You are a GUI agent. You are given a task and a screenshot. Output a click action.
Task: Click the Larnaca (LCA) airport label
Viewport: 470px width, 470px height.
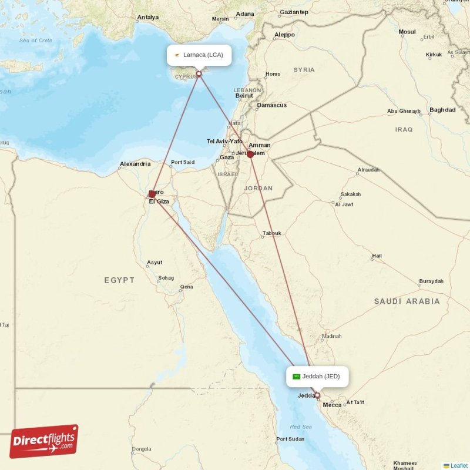pyautogui.click(x=199, y=55)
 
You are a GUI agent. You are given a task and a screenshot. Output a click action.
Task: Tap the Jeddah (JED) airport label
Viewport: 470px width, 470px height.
pyautogui.click(x=317, y=376)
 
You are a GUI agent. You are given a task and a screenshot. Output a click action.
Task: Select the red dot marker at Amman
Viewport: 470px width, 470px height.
pyautogui.click(x=250, y=155)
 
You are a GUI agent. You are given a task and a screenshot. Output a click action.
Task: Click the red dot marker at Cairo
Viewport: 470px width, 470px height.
pyautogui.click(x=152, y=194)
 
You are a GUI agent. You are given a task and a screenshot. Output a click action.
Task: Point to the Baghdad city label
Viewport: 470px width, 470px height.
pyautogui.click(x=442, y=110)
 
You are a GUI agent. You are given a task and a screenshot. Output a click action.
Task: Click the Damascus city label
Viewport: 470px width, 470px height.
pyautogui.click(x=271, y=105)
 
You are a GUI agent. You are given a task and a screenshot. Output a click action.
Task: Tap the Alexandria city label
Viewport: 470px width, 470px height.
pyautogui.click(x=136, y=164)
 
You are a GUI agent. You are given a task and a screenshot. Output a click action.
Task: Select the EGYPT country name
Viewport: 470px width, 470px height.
pyautogui.click(x=119, y=280)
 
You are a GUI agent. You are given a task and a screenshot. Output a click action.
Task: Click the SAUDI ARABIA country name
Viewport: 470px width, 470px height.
pyautogui.click(x=407, y=301)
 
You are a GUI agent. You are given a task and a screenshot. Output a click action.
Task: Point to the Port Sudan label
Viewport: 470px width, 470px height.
pyautogui.click(x=290, y=439)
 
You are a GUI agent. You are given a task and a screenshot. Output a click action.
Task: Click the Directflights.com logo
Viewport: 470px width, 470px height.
pyautogui.click(x=44, y=441)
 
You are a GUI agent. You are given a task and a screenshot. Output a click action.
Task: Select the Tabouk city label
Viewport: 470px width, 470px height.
pyautogui.click(x=271, y=233)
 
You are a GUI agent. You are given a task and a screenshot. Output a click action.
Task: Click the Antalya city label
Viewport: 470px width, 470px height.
pyautogui.click(x=147, y=17)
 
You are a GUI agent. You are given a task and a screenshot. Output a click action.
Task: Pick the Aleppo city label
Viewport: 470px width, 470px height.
pyautogui.click(x=284, y=35)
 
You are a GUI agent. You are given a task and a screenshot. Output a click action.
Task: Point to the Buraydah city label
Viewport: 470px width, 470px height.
pyautogui.click(x=431, y=281)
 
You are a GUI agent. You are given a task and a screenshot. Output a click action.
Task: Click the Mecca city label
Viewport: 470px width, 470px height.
pyautogui.click(x=332, y=405)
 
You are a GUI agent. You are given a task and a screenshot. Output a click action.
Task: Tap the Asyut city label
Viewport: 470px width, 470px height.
pyautogui.click(x=155, y=263)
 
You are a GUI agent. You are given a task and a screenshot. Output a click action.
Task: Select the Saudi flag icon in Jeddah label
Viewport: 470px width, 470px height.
pyautogui.click(x=297, y=376)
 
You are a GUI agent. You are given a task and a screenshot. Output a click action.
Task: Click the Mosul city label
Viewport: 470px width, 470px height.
pyautogui.click(x=407, y=32)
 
